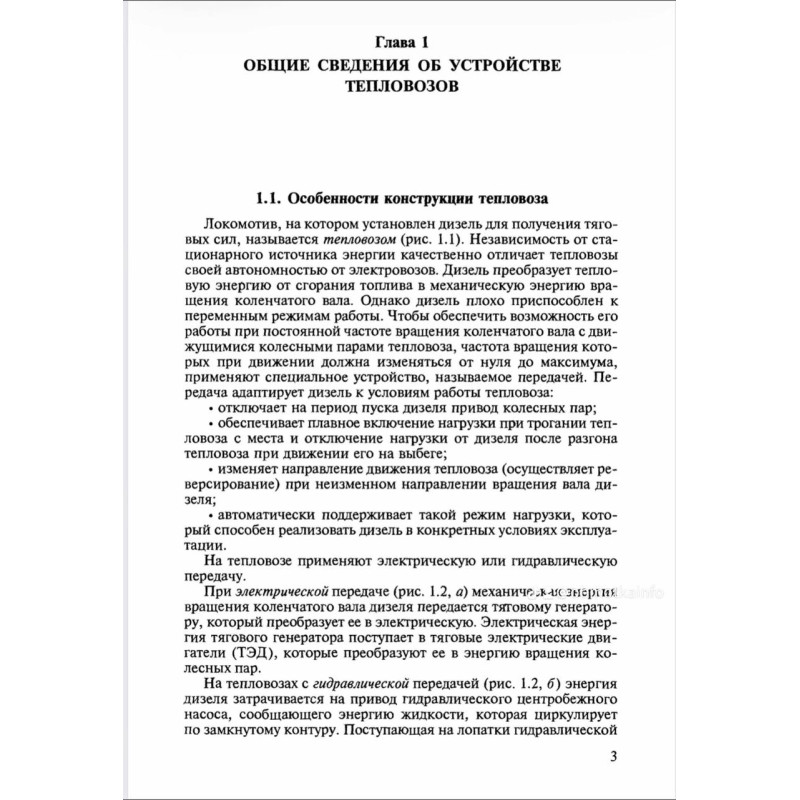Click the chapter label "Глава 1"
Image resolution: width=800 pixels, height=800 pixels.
click(400, 44)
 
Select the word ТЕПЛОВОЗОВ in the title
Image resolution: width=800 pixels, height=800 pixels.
click(400, 88)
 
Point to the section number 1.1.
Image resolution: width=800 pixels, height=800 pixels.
click(271, 196)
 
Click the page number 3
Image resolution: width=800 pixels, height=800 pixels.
click(612, 755)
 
